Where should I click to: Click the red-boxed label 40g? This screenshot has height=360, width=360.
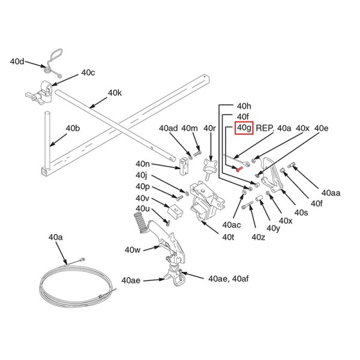coord(244,128)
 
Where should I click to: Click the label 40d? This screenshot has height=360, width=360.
coord(17,61)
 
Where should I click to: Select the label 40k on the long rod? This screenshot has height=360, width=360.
coord(115,94)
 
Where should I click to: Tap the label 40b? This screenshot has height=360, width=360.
coord(73,128)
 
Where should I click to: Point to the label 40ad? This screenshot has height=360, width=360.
coord(169,128)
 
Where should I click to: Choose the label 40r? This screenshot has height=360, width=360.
coord(209,128)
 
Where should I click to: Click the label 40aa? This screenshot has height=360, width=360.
coord(331,193)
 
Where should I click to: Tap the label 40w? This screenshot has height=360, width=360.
coord(133,250)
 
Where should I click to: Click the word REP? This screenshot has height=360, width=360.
coord(265,128)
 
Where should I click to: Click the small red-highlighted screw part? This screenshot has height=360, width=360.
coord(239,170)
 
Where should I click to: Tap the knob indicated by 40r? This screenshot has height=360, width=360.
coord(209,167)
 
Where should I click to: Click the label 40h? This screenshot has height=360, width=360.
coord(244,105)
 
